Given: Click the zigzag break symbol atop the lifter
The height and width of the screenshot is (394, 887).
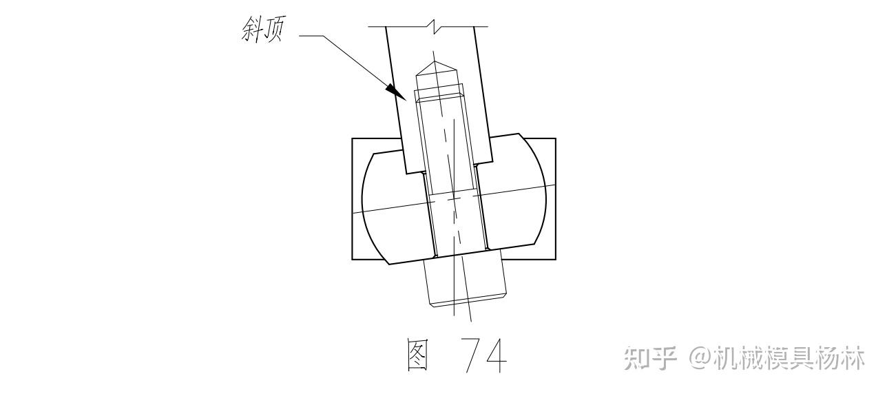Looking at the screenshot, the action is coord(435,26).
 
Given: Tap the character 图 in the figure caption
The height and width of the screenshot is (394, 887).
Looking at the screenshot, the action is coord(418,355).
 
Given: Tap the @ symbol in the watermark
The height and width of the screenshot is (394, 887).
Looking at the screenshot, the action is coord(700,357).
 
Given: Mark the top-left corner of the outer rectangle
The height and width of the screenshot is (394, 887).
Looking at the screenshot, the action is coord(353,138).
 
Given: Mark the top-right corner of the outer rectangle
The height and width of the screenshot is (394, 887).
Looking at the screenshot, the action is coord(556,138).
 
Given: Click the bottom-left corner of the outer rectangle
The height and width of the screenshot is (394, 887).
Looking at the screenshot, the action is coord(353,260).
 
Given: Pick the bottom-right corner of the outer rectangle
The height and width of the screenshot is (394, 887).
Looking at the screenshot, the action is coord(556,260).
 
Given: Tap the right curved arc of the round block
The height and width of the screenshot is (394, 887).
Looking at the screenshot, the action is coord(545,194).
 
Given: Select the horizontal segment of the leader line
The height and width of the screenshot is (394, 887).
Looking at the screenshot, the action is coord(311,36).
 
